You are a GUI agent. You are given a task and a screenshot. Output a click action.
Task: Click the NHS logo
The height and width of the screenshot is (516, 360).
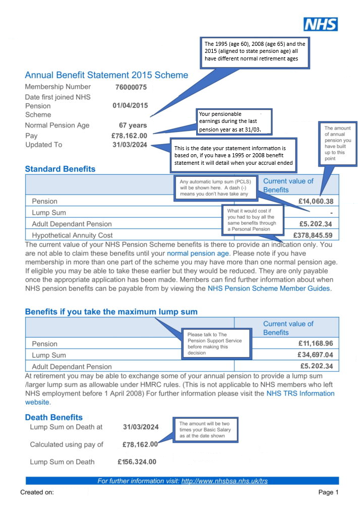[x=320, y=24]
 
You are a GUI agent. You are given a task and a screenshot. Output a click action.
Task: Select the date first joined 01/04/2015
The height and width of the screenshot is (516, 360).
[x=130, y=106]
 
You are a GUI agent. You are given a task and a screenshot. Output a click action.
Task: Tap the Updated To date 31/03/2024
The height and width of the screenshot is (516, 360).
[x=130, y=145]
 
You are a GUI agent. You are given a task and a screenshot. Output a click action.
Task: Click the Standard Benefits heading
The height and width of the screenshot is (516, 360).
[x=60, y=169]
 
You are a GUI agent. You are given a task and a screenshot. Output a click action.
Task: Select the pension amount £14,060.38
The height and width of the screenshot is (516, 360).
[x=315, y=202]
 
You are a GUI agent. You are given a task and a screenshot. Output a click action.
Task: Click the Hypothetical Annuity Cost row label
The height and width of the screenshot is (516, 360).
[x=72, y=235]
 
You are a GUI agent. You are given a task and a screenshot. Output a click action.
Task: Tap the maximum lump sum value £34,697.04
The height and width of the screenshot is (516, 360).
[x=315, y=355]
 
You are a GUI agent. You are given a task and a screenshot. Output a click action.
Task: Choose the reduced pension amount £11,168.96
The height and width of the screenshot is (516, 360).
[x=315, y=344]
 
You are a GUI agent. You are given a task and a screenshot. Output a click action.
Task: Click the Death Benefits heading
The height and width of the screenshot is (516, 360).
[x=54, y=417]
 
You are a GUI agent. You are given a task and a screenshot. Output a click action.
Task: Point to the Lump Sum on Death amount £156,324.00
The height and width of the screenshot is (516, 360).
[x=137, y=462]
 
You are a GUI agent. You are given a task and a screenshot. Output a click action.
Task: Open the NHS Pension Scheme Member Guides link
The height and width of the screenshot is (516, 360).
[x=269, y=289]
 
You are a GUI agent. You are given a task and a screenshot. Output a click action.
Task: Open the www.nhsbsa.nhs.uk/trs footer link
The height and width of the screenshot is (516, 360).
[x=224, y=481]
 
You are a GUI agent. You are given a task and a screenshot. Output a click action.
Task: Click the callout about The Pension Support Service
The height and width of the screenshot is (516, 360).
[x=216, y=344]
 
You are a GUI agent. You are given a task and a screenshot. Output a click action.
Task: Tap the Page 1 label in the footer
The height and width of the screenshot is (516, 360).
[x=328, y=492]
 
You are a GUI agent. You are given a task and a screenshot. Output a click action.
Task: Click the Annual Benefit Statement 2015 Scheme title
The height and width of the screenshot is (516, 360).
[x=106, y=75]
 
